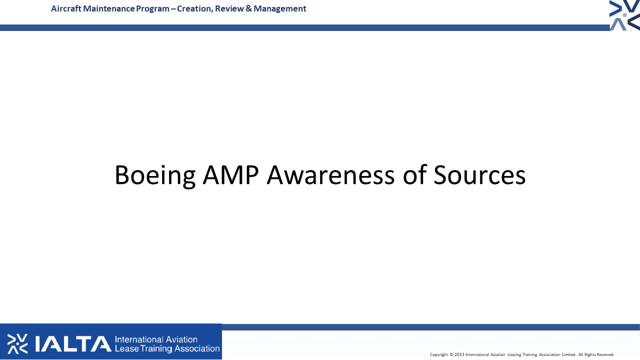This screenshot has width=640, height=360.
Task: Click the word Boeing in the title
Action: pyautogui.click(x=155, y=175)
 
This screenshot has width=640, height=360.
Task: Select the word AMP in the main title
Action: pyautogui.click(x=231, y=175)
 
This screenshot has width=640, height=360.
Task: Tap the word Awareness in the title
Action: pyautogui.click(x=331, y=175)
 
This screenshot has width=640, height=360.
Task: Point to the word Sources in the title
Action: pyautogui.click(x=479, y=175)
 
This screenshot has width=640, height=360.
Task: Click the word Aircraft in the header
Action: pyautogui.click(x=66, y=8)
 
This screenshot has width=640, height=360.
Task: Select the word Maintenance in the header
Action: pyautogui.click(x=108, y=8)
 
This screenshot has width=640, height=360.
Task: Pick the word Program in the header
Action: pyautogui.click(x=152, y=9)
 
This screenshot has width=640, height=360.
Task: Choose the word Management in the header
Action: pyautogui.click(x=279, y=9)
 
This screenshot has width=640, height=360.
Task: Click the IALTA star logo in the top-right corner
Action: pyautogui.click(x=624, y=15)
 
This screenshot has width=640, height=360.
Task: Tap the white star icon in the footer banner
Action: pyautogui.click(x=17, y=343)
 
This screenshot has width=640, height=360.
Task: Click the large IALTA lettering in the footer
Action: pyautogui.click(x=73, y=343)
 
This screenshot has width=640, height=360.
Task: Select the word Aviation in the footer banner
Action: pyautogui.click(x=181, y=339)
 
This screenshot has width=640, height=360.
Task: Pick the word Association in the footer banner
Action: pyautogui.click(x=197, y=348)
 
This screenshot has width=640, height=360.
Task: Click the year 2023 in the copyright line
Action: pyautogui.click(x=459, y=354)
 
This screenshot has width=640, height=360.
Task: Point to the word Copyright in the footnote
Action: pyautogui.click(x=439, y=355)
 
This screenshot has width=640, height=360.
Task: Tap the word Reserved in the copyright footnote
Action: pyautogui.click(x=605, y=354)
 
